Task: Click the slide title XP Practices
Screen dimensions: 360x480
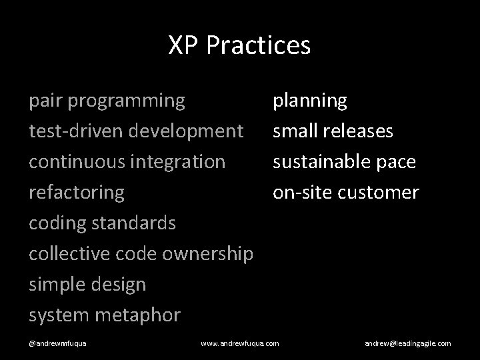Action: coord(239,45)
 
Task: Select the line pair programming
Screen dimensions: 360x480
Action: coord(107,101)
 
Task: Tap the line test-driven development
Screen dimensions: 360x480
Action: coord(136,131)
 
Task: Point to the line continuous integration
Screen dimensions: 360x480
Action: coord(127,161)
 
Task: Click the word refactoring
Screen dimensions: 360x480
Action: coord(77,193)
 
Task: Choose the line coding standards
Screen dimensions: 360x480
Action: coord(103,223)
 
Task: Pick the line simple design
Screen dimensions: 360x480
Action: coord(87,285)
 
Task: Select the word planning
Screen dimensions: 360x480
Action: coord(309,101)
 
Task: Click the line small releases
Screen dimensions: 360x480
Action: coord(333,131)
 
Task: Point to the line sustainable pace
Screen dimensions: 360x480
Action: coord(344,161)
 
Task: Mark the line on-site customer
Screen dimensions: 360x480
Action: coord(345,193)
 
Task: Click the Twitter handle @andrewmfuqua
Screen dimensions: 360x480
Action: coord(61,343)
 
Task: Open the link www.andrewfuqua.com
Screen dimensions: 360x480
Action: coord(240,343)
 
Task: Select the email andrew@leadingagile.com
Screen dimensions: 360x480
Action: coord(407,343)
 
